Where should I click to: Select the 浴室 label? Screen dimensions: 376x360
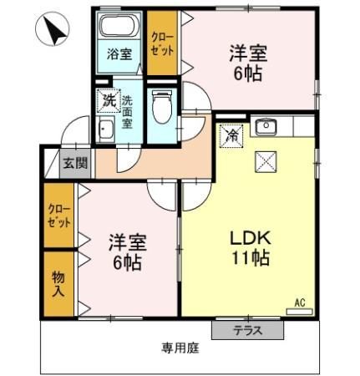119,54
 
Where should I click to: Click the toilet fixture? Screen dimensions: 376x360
163,108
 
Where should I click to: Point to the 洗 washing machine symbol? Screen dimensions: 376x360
108,100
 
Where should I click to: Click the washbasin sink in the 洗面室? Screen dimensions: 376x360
107,130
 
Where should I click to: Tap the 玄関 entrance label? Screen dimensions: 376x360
74,162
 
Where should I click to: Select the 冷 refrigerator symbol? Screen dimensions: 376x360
231,134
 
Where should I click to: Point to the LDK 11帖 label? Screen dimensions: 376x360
249,248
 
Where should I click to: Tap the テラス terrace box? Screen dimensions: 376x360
247,330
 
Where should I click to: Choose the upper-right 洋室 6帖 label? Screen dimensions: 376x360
248,63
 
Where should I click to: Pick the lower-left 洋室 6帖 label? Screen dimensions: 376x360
127,252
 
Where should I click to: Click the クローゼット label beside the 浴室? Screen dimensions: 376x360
162,42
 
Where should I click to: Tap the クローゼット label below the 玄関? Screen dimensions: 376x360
58,216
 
